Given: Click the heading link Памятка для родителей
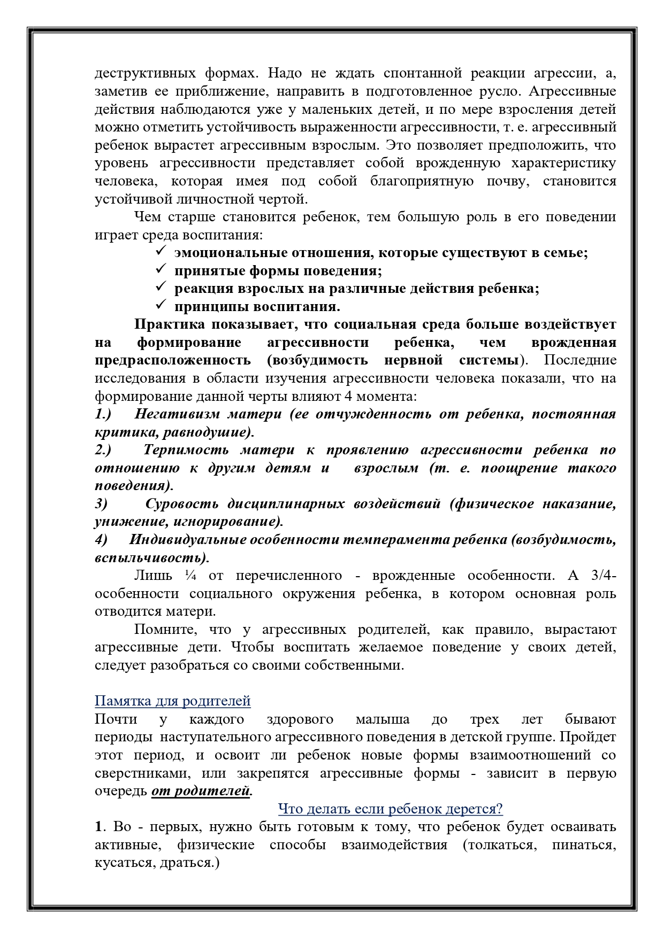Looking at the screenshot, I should pos(172,701).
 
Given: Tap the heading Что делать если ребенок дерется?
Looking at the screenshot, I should pos(390,809).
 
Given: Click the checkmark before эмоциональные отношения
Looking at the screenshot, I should pos(161,252).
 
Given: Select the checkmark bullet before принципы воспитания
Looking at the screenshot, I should pos(161,306).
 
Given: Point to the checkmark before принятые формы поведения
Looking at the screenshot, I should pos(161,270).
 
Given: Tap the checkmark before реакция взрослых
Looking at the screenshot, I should pos(161,288).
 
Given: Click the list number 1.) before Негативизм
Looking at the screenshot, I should pos(103,414).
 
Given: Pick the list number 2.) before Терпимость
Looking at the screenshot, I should pos(103,449).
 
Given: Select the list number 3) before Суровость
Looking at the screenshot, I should pos(101,503).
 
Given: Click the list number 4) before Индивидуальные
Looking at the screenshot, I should pos(101,539).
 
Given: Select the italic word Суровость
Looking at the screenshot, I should pos(181,503).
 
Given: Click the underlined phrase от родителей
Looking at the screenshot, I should pos(201,790).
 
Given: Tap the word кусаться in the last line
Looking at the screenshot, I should pos(123,863).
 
